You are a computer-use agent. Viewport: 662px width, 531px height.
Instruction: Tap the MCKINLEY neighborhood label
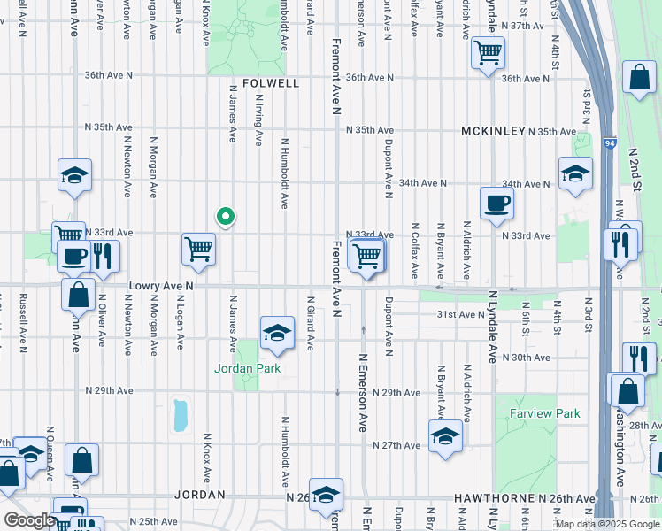click(493, 131)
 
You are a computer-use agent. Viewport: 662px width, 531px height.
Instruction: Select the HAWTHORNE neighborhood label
click(485, 499)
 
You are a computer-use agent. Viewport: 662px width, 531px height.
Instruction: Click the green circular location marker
click(226, 216)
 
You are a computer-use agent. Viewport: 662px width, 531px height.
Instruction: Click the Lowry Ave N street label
click(161, 286)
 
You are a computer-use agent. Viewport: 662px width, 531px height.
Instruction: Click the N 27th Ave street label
click(396, 444)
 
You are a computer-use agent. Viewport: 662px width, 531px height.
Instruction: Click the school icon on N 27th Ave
click(445, 435)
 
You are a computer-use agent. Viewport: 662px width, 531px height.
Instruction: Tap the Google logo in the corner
click(29, 520)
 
